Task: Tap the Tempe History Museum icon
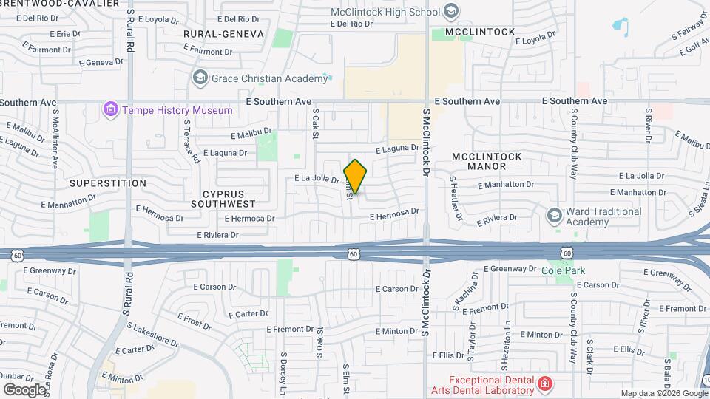(111, 110)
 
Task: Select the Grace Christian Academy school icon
(200, 78)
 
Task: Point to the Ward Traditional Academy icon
(553, 216)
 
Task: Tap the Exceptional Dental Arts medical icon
(544, 383)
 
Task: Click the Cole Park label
(568, 270)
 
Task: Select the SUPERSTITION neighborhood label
(108, 183)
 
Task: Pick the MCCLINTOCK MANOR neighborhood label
(487, 161)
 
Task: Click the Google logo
(24, 389)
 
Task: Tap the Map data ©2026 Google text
(663, 393)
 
